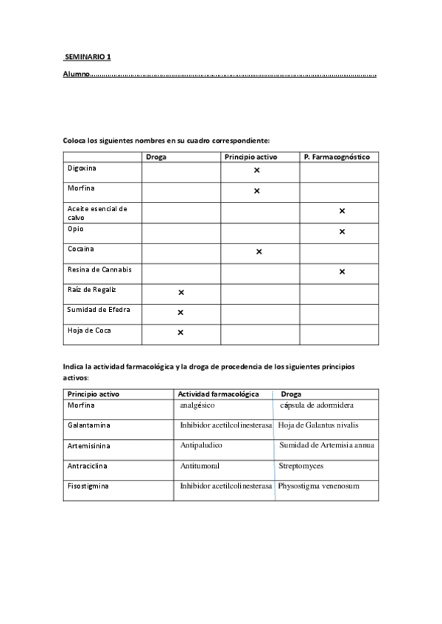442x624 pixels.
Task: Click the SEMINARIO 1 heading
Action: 86,57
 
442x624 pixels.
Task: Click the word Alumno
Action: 76,74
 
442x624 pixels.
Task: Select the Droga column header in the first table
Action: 156,157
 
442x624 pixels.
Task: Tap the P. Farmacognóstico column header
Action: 336,157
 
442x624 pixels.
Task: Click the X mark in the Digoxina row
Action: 257,170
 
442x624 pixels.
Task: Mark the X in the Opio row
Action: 342,232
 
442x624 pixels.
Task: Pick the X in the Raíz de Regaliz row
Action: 180,292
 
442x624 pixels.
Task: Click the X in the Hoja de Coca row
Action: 180,333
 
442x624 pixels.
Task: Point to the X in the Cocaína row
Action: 259,252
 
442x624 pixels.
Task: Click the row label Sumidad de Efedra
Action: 99,310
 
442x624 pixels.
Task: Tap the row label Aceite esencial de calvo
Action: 97,213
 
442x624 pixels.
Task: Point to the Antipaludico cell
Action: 201,445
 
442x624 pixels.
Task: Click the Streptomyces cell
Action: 301,466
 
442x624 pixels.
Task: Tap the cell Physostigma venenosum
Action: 318,486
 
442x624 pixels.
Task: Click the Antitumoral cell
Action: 200,466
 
